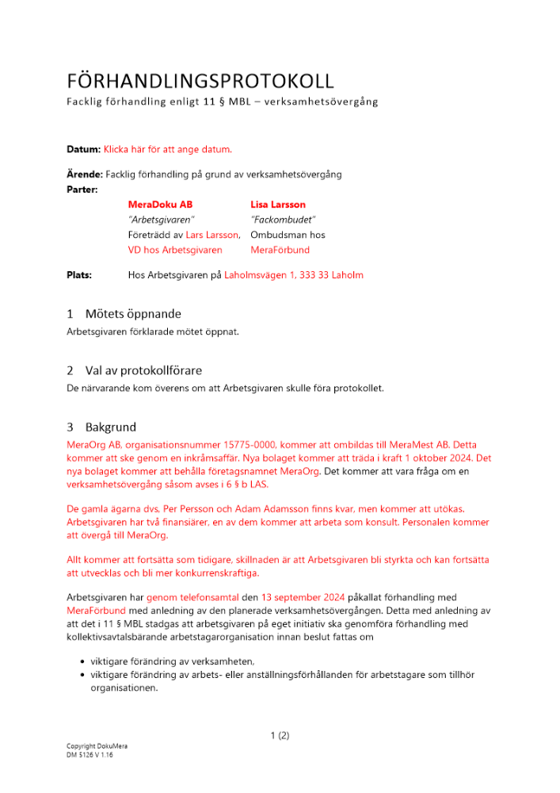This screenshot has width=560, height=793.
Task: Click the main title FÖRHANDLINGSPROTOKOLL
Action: [200, 81]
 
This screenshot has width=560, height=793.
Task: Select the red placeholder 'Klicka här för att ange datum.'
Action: [168, 149]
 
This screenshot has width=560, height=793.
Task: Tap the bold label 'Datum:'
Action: [83, 149]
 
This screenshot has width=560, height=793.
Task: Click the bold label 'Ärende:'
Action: [85, 174]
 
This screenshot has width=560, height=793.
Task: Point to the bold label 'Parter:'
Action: [82, 190]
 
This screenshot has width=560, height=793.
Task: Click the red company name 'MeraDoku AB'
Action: [160, 205]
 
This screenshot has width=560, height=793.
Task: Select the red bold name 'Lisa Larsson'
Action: [278, 205]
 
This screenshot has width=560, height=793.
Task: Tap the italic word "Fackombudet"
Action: [283, 220]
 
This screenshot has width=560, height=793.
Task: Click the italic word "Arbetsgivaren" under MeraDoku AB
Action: [161, 220]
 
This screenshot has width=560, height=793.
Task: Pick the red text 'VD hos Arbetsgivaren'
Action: [175, 250]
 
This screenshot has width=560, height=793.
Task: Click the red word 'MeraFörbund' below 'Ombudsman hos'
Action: [280, 250]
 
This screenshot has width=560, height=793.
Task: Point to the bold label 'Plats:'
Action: [79, 275]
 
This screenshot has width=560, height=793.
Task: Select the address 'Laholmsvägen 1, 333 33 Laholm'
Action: [294, 275]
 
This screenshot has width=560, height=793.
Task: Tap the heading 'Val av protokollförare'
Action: [143, 370]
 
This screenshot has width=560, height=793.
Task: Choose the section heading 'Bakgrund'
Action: [111, 427]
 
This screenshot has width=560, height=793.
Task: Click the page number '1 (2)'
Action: [280, 735]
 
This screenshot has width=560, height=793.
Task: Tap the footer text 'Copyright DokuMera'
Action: [97, 747]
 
